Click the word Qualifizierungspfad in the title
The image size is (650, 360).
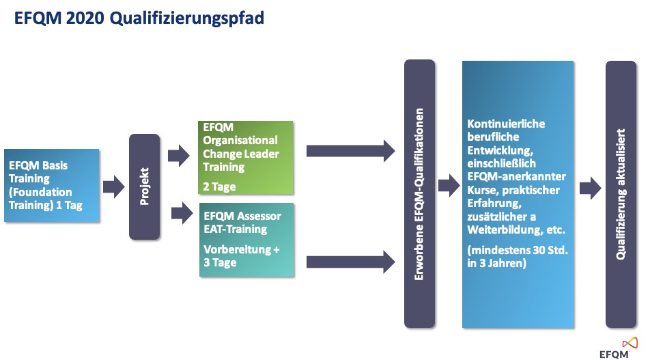[187, 19]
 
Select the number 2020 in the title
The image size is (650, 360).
[85, 18]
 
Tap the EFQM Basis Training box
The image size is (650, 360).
[52, 185]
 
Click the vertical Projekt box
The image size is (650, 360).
[144, 186]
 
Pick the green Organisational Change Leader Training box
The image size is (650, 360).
[246, 158]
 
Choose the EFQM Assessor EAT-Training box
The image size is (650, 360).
[246, 240]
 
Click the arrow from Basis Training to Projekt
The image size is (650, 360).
[114, 186]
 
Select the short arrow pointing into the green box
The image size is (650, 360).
[179, 156]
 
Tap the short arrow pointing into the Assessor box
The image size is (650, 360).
[182, 213]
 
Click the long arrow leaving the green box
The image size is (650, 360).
[351, 151]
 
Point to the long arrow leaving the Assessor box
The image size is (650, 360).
[351, 262]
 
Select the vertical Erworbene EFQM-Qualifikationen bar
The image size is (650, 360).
[419, 194]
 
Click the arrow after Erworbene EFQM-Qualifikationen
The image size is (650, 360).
[449, 185]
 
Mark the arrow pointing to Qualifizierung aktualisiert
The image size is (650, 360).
[591, 189]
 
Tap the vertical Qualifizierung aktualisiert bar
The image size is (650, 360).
[621, 195]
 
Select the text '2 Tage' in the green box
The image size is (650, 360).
[219, 187]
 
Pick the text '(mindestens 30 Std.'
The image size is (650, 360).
[518, 250]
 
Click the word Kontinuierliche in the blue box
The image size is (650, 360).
[506, 124]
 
